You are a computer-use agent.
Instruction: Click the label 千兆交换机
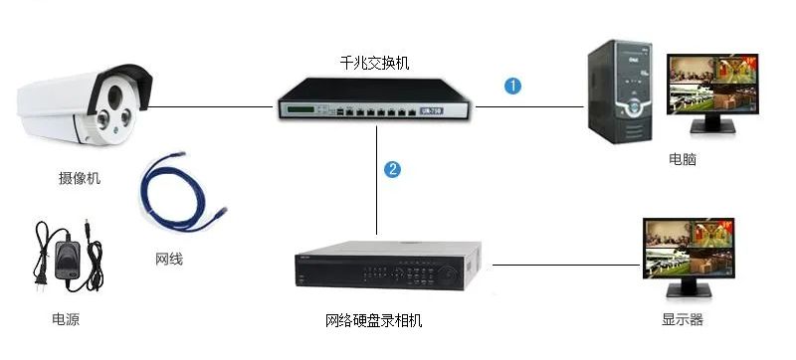tap(374, 63)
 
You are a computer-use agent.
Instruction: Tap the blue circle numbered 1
tap(512, 86)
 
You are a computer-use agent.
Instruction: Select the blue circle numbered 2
tap(392, 169)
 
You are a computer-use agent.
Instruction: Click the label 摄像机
tap(80, 178)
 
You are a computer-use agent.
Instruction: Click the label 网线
tap(168, 260)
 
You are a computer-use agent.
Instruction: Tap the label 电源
tap(66, 319)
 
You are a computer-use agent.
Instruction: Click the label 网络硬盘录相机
tap(374, 320)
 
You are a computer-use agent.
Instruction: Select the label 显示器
tap(683, 319)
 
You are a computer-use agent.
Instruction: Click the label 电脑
tap(683, 159)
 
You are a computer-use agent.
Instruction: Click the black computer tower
tap(620, 91)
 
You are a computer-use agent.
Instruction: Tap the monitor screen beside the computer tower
tap(712, 85)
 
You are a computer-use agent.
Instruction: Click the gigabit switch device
tap(374, 98)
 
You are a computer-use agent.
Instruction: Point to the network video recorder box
tap(388, 266)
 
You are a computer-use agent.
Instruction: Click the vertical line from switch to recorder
tap(376, 180)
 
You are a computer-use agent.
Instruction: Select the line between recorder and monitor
tap(566, 265)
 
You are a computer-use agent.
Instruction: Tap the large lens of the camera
tap(112, 95)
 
